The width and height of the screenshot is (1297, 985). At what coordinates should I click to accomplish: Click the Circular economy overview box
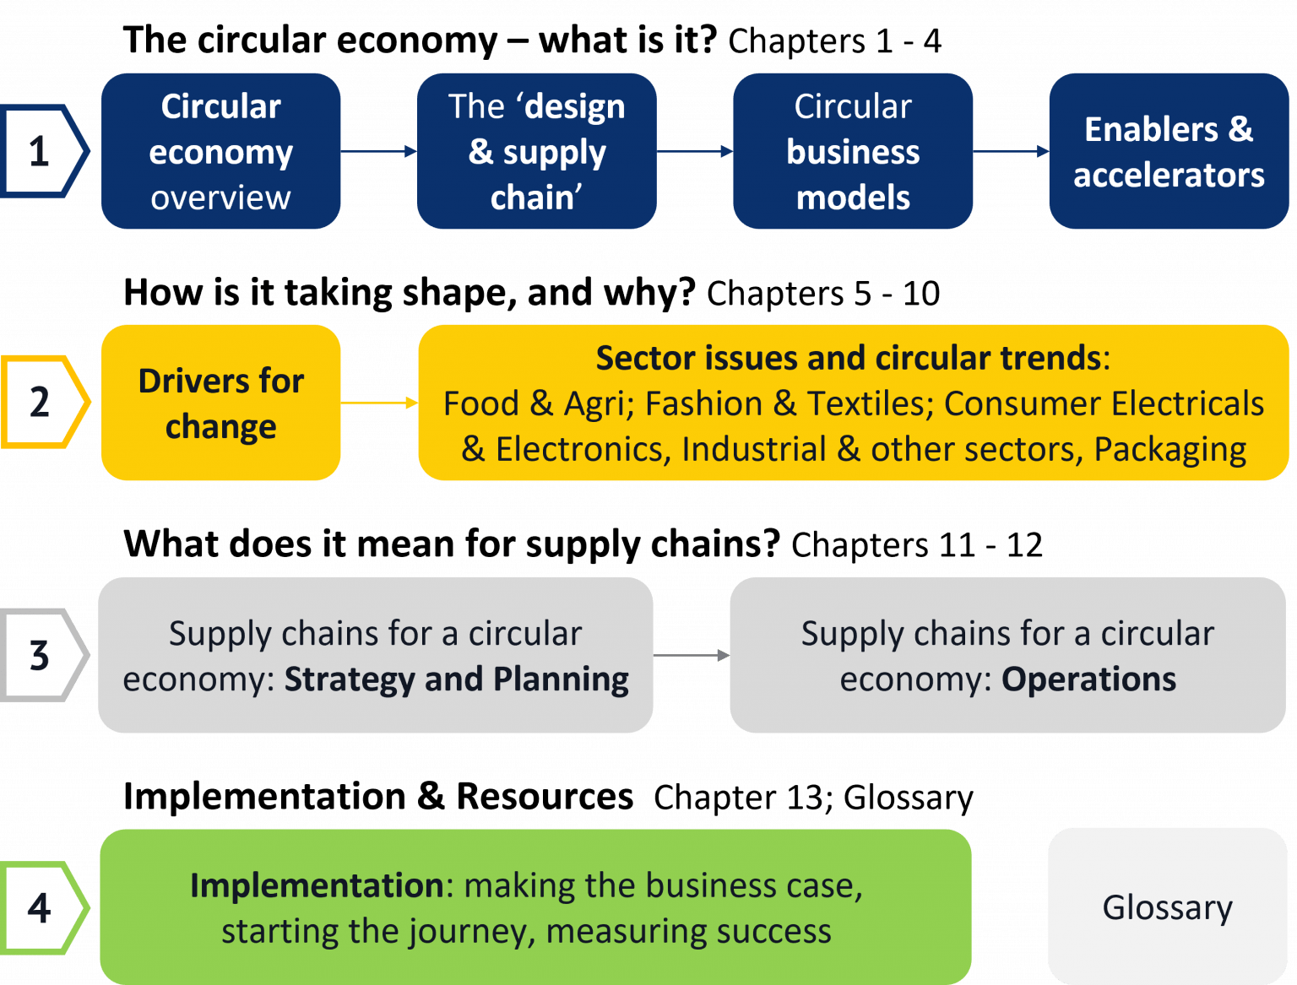point(220,151)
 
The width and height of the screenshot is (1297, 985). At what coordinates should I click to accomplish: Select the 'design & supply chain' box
point(536,151)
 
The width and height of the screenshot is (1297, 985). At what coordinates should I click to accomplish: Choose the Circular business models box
point(853,151)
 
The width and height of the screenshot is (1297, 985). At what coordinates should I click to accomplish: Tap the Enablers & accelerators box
point(1169,151)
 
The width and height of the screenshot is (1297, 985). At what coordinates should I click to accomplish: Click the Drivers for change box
point(220,403)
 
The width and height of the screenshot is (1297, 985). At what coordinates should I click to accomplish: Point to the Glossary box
point(1168,907)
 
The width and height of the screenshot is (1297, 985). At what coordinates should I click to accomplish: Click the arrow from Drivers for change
point(379,403)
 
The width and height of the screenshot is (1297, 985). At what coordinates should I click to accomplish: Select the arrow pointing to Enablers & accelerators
point(1011,151)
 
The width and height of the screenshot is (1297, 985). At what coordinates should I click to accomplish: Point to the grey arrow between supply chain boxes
point(692,655)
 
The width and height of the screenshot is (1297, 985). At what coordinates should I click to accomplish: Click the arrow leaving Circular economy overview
point(379,151)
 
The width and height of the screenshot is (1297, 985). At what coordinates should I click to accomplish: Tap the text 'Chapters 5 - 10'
point(823,294)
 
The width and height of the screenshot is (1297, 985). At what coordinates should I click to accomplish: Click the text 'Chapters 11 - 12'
point(917,544)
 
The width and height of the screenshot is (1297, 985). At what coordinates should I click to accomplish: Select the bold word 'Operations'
point(1089,679)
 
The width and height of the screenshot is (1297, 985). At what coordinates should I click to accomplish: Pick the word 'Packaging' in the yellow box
point(1170,450)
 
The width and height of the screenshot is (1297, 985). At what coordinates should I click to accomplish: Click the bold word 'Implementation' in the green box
point(317,885)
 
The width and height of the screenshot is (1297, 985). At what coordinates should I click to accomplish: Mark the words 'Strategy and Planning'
point(457,679)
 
